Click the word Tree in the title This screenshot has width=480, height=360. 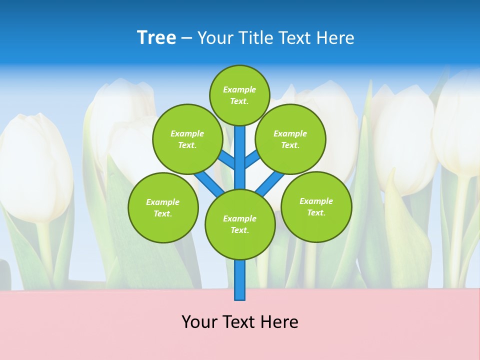[156, 38]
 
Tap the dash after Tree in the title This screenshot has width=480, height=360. [186, 38]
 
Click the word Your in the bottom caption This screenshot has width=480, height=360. [198, 322]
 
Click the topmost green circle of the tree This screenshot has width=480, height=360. [239, 95]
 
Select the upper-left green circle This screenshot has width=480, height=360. [187, 139]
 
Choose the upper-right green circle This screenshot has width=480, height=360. [290, 139]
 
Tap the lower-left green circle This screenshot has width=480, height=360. [162, 207]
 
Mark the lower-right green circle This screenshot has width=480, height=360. [316, 206]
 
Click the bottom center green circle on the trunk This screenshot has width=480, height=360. [240, 224]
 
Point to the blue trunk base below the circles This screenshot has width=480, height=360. [240, 280]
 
